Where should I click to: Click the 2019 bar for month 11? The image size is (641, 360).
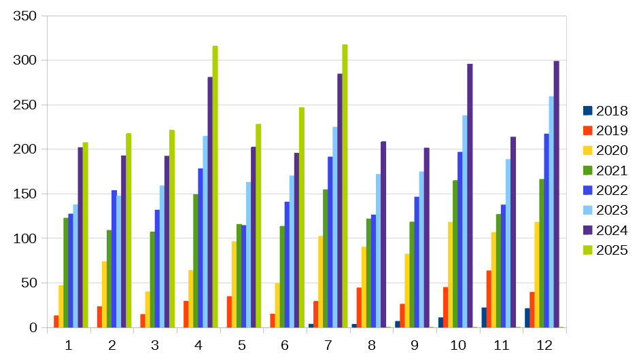coord(489,299)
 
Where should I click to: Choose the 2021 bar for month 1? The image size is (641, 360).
coord(66,272)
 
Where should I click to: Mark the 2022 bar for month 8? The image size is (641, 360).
coord(373,271)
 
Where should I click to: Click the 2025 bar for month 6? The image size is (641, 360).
coord(301,217)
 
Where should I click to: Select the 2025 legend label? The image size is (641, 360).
coord(611,251)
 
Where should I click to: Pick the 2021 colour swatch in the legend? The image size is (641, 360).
coord(588,170)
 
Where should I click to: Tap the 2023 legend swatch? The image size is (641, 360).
coord(588,211)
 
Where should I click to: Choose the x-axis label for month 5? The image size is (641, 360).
coord(241,346)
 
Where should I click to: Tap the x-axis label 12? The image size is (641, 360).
coord(544,346)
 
